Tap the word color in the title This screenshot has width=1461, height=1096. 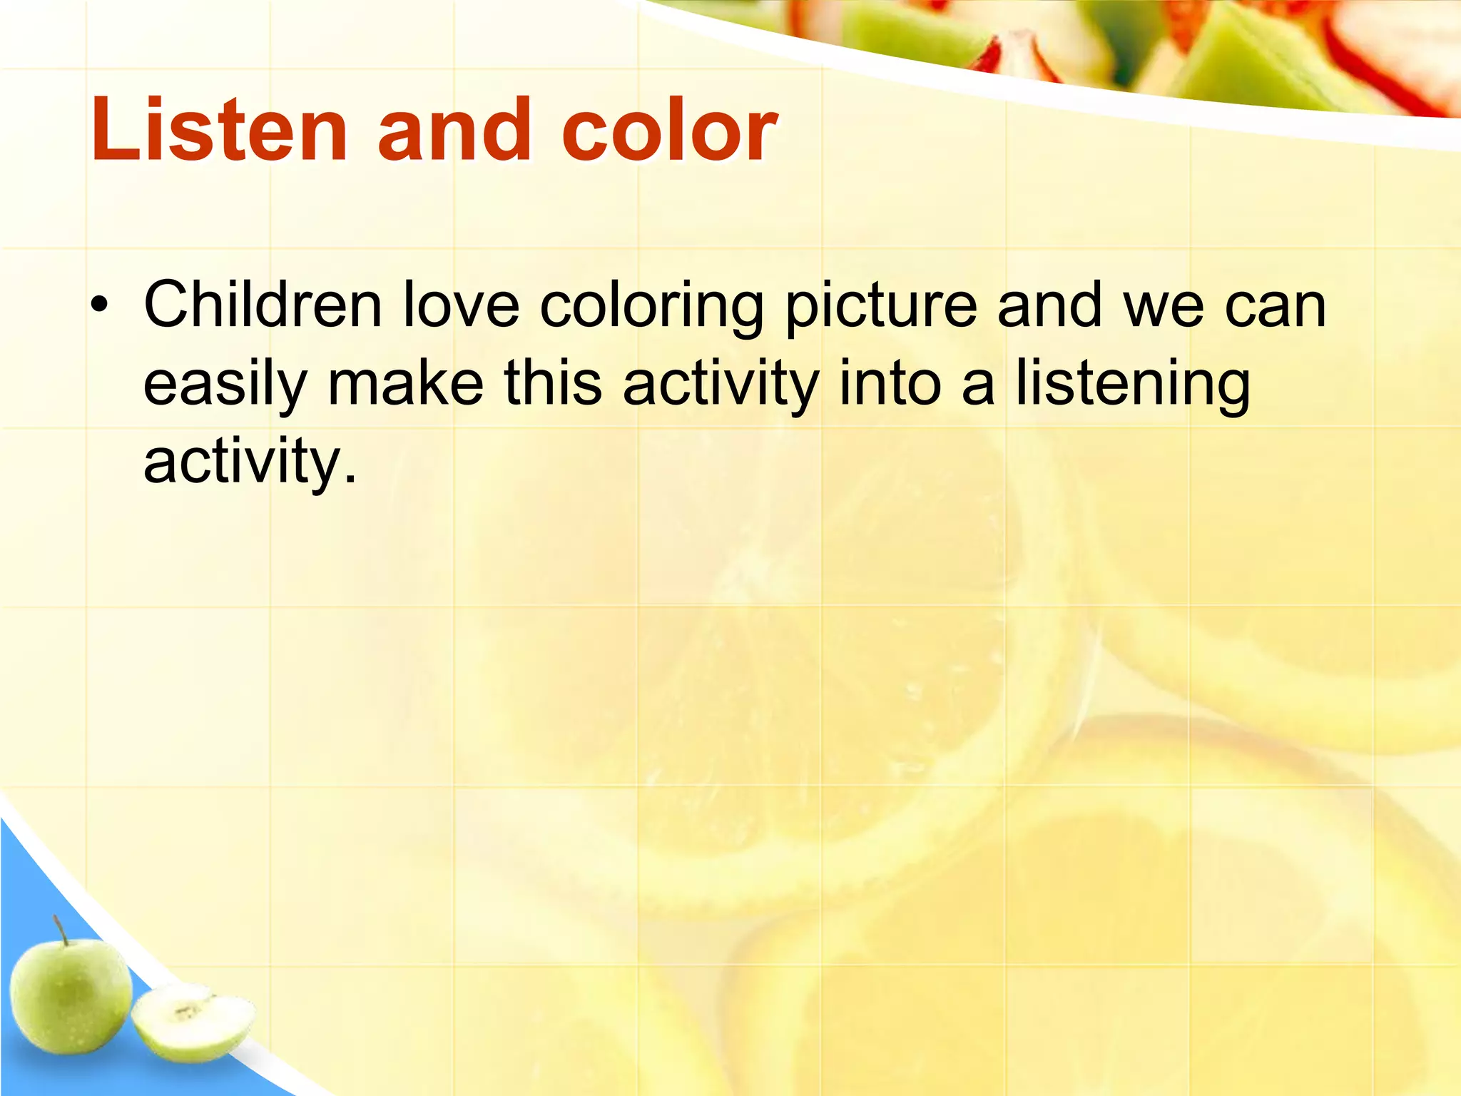[669, 130]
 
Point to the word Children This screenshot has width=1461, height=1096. [263, 305]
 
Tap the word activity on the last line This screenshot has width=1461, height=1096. [243, 462]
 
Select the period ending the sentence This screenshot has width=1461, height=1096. [349, 477]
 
